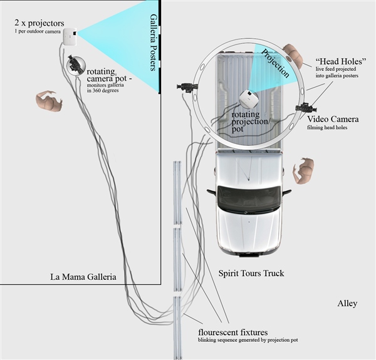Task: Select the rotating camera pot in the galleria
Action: coord(75,63)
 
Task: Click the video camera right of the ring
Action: coord(306,107)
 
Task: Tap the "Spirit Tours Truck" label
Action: coord(251,273)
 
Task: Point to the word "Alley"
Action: coord(347,304)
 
